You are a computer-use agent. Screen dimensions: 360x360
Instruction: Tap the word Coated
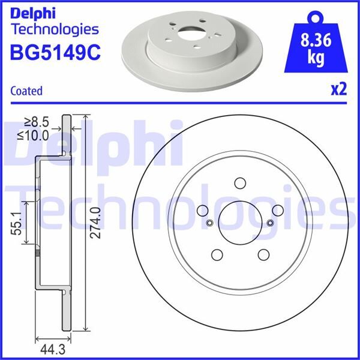[x=26, y=91]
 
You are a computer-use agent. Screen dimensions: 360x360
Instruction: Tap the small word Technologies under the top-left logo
[x=55, y=29]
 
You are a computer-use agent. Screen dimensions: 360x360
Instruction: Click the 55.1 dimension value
[x=18, y=223]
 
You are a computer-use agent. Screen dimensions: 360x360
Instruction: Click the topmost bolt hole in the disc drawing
[x=240, y=183]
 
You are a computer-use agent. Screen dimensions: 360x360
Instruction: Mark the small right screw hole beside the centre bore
[x=270, y=223]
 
